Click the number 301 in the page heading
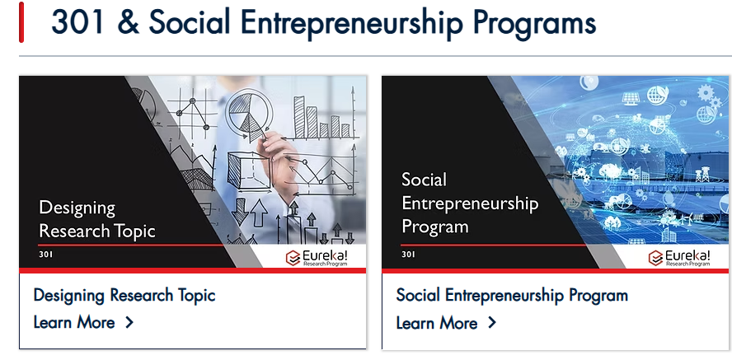pyautogui.click(x=77, y=22)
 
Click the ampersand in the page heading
pyautogui.click(x=128, y=22)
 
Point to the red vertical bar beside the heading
pyautogui.click(x=21, y=22)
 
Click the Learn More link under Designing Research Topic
pyautogui.click(x=74, y=322)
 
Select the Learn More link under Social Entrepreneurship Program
pyautogui.click(x=437, y=323)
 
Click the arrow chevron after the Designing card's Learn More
pyautogui.click(x=129, y=322)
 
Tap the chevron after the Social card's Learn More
pyautogui.click(x=492, y=323)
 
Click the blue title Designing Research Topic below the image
pyautogui.click(x=124, y=295)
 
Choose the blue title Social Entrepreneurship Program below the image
pyautogui.click(x=512, y=295)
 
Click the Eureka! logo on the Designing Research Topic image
pyautogui.click(x=317, y=257)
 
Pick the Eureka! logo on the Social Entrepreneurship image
pyautogui.click(x=680, y=257)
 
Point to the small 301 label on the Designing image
pyautogui.click(x=46, y=255)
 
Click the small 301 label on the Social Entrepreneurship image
pyautogui.click(x=409, y=255)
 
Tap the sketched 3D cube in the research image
pyautogui.click(x=249, y=171)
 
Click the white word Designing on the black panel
pyautogui.click(x=77, y=208)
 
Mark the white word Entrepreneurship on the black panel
pyautogui.click(x=470, y=203)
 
